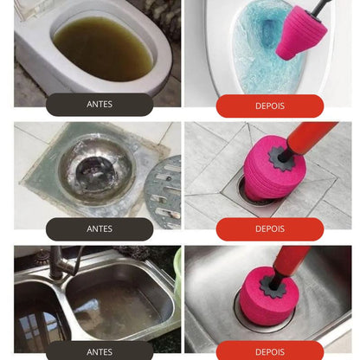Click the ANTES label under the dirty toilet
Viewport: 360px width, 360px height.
(x=100, y=104)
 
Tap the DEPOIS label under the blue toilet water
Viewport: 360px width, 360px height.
(x=270, y=106)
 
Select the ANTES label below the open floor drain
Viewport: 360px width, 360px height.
(x=100, y=228)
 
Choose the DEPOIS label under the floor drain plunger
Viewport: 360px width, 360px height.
(x=270, y=228)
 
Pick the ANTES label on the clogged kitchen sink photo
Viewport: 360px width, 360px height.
(x=100, y=352)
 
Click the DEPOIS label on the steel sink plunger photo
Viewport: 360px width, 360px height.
(x=270, y=352)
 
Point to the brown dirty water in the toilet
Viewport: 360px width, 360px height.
(x=102, y=48)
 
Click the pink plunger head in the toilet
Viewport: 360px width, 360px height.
(x=300, y=33)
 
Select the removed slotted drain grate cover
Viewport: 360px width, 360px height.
(x=163, y=190)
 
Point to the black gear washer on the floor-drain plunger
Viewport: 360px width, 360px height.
(x=280, y=158)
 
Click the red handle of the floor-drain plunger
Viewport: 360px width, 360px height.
(x=312, y=137)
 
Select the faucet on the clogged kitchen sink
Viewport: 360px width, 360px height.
(x=62, y=261)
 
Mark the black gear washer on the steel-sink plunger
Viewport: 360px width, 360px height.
(x=272, y=286)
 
